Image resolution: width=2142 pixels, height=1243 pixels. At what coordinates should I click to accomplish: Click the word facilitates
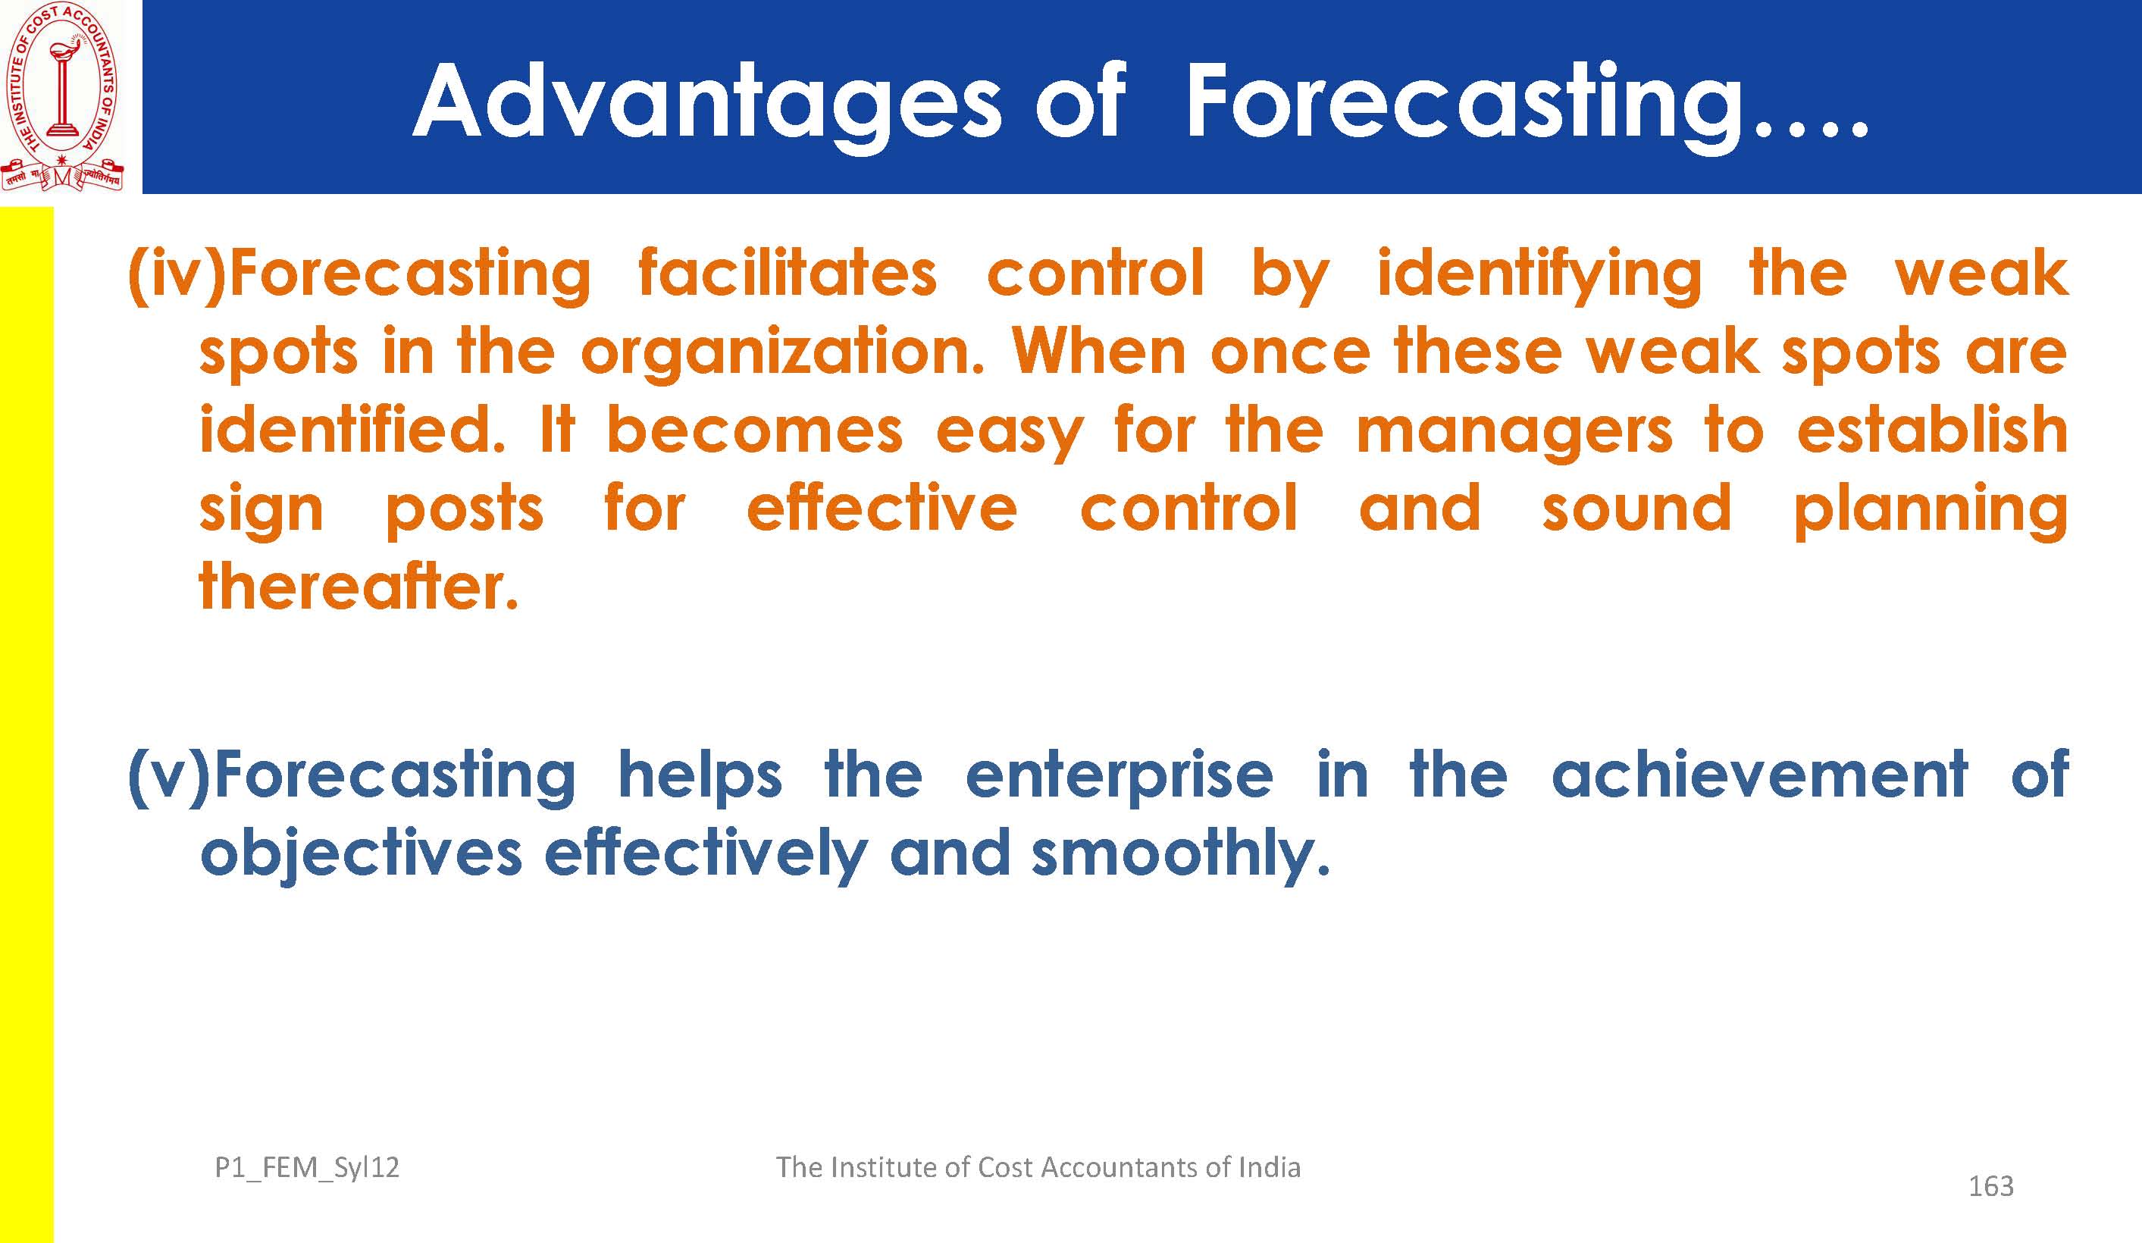tap(787, 273)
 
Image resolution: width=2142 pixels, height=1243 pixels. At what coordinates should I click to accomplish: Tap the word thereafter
tap(359, 587)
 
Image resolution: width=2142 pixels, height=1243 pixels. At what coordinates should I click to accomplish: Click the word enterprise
tap(1120, 776)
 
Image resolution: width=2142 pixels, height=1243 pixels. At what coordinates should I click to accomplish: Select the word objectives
tap(362, 855)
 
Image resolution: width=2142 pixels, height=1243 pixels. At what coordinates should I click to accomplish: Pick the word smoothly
tap(1180, 855)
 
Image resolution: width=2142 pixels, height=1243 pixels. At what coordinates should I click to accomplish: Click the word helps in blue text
tap(700, 776)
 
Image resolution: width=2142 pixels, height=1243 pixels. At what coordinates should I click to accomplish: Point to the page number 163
tap(1990, 1186)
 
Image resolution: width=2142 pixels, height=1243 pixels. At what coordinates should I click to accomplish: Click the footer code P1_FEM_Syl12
tap(307, 1168)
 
